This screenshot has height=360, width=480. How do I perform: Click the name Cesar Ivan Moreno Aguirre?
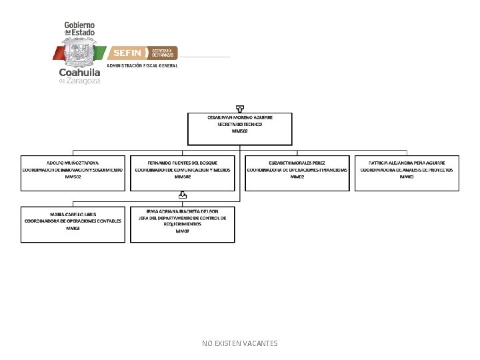coord(240,117)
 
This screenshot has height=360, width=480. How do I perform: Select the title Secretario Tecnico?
coord(240,124)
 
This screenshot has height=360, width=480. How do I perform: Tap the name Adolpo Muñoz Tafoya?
coord(73,163)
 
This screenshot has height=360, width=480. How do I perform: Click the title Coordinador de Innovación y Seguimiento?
coord(73,170)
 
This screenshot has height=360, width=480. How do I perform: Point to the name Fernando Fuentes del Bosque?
coord(183,163)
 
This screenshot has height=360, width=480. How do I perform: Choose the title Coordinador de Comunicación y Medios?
coord(183,170)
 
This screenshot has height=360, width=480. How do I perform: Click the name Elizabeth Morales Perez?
coord(297,163)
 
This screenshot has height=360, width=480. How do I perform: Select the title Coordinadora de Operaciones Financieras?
coord(297,170)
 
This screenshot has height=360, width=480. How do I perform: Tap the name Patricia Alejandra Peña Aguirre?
coord(407,163)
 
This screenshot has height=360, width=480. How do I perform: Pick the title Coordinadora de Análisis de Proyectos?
coord(407,170)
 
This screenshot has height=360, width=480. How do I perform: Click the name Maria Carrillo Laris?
coord(73,214)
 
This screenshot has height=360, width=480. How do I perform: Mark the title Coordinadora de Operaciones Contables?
coord(73,221)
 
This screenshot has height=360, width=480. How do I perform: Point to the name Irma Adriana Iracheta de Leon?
coord(183,211)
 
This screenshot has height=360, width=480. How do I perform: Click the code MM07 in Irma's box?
coord(183,231)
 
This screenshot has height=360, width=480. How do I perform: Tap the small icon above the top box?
coord(240,108)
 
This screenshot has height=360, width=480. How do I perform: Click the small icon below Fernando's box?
coord(183,196)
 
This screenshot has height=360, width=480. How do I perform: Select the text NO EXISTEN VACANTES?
coord(240,343)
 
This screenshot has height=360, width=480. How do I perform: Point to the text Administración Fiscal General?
coord(143,65)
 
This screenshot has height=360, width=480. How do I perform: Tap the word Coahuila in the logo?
coord(79,72)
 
